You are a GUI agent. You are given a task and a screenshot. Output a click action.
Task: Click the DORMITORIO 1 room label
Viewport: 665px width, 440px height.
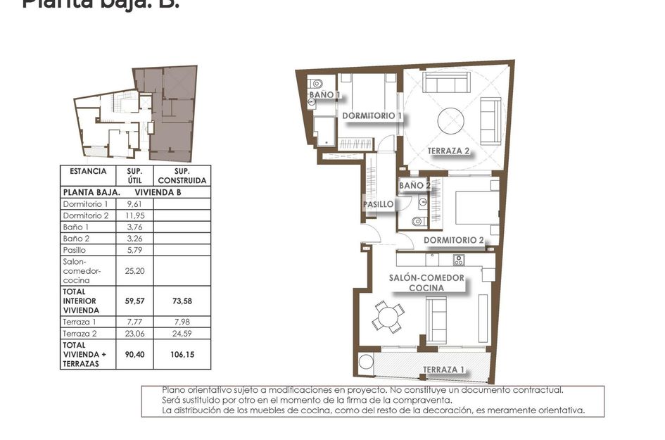point(371,116)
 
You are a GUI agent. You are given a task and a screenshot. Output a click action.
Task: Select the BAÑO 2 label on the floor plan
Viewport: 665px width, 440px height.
point(414,186)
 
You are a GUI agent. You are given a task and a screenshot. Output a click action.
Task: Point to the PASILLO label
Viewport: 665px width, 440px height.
point(377,205)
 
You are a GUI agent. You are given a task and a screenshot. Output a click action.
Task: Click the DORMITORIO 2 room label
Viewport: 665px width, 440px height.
point(453,241)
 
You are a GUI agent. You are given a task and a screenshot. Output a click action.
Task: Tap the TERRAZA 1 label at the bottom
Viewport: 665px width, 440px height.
point(443,370)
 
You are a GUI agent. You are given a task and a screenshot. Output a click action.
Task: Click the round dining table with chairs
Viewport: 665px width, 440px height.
point(387,316)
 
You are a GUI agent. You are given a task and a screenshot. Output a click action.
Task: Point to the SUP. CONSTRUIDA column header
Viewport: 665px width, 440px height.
point(182,175)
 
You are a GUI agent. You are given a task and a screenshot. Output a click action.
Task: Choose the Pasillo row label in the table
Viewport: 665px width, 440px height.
point(75,250)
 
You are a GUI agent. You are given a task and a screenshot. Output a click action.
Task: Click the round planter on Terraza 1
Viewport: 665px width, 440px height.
point(365,365)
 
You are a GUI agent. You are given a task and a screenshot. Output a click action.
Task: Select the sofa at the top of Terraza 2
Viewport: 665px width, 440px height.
point(448,84)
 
